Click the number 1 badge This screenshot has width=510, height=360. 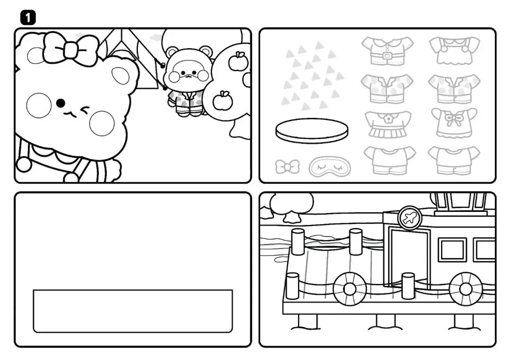tap(28, 17)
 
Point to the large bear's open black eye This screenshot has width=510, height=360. tap(60, 103)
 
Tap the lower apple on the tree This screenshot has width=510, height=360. tap(222, 100)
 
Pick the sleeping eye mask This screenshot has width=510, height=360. tap(330, 167)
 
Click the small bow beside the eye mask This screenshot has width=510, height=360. tap(287, 167)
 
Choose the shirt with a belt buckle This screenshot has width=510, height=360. tap(387, 51)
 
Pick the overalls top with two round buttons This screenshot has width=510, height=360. tap(454, 50)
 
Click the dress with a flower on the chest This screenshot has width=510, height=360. tap(387, 124)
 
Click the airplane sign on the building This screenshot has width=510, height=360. tap(409, 218)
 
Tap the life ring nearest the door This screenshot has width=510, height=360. tap(349, 289)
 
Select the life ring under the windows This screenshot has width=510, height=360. tap(466, 289)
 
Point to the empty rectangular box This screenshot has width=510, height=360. tap(133, 311)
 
